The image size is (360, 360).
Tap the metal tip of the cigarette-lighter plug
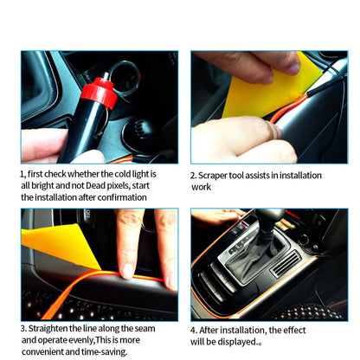[106, 74]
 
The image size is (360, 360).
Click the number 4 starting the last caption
[194, 330]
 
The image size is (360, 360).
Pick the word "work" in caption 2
[201, 187]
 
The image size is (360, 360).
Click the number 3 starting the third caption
[23, 329]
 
